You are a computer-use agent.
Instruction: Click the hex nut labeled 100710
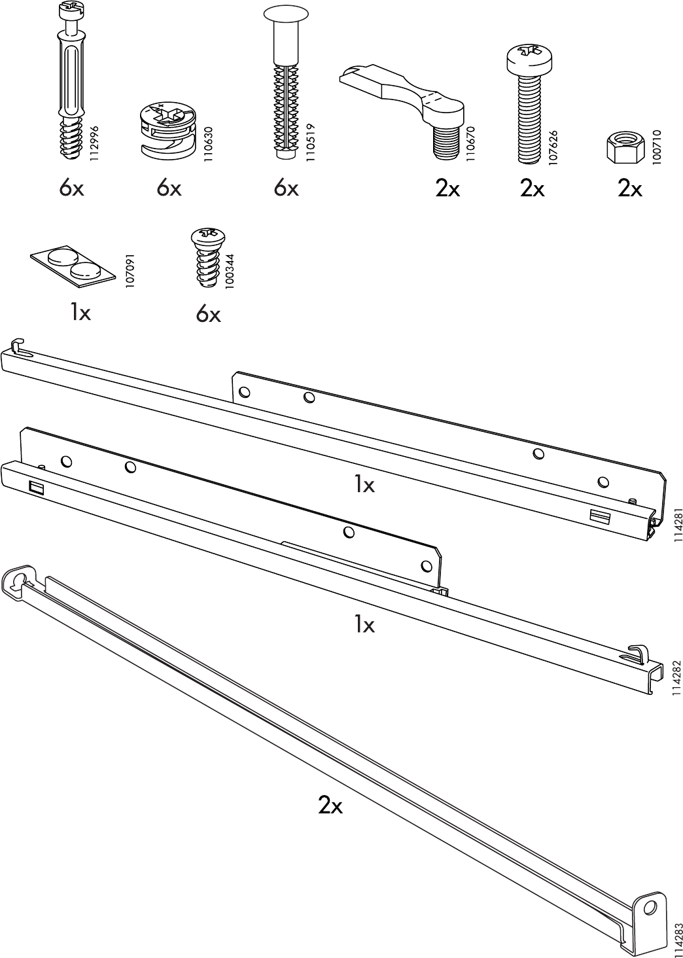pos(625,146)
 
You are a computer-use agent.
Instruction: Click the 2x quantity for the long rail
pos(330,805)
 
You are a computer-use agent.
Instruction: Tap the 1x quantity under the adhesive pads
pos(80,313)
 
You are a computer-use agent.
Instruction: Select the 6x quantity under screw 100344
pos(208,315)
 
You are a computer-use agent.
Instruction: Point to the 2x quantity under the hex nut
pos(630,189)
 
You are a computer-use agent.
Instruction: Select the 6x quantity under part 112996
pos(71,189)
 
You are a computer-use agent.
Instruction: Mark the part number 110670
pos(470,144)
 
